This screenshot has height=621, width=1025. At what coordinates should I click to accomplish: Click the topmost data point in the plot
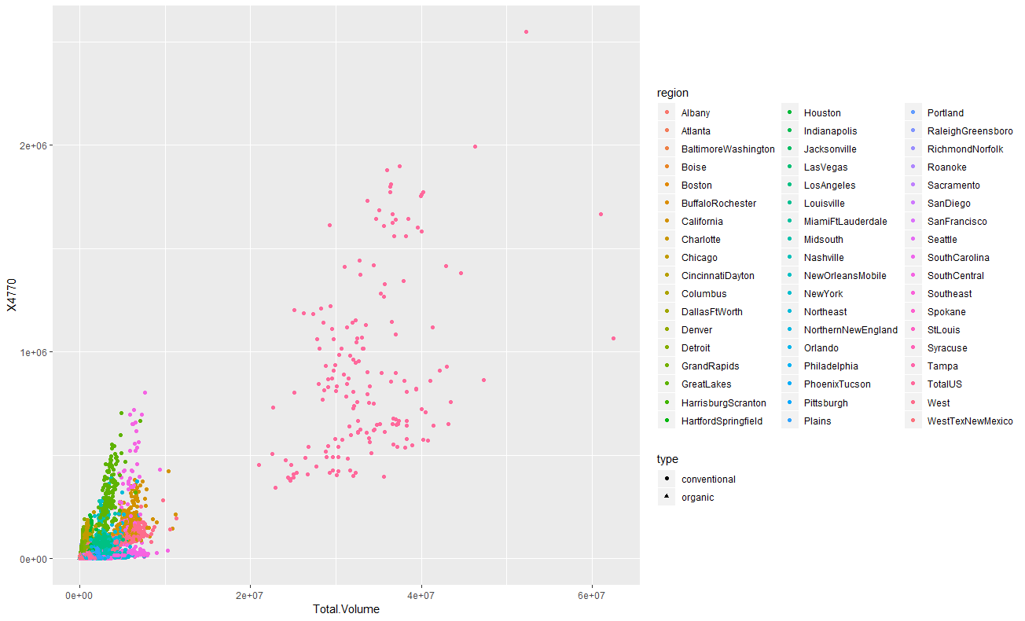[x=526, y=31]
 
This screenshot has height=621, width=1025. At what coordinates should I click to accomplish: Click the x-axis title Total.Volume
[x=346, y=609]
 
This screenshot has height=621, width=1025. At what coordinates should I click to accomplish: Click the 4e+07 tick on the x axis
[x=421, y=596]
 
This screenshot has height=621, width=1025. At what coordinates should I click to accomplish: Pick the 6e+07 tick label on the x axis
[x=591, y=596]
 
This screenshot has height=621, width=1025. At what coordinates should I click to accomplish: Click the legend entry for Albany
[x=696, y=113]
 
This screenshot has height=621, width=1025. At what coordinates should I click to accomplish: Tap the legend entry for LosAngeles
[x=829, y=186]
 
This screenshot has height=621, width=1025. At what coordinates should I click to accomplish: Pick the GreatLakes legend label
[x=706, y=384]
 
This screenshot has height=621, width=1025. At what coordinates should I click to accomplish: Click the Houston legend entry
[x=822, y=113]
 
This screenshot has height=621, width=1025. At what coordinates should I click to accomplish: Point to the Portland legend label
[x=945, y=113]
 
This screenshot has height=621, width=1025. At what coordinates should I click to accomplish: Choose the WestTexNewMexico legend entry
[x=970, y=421]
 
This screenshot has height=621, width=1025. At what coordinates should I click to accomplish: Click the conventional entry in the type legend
[x=708, y=479]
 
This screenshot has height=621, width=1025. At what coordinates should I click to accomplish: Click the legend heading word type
[x=667, y=459]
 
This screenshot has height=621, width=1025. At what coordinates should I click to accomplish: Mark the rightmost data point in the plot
[x=614, y=338]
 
